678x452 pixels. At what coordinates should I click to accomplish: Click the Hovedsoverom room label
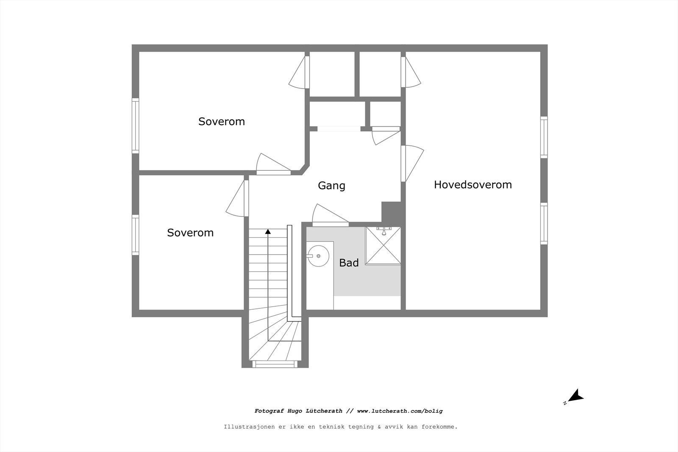(x=472, y=185)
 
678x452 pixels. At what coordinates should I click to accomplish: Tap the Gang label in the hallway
(x=331, y=186)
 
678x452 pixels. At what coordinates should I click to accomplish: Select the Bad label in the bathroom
(x=349, y=263)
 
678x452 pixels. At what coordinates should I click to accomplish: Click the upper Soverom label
(x=221, y=122)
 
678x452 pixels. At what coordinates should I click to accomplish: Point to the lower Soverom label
(x=190, y=233)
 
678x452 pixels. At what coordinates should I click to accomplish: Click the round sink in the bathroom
(x=318, y=256)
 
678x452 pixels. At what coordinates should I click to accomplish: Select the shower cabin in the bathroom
(x=383, y=246)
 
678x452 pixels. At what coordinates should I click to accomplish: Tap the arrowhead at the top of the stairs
(x=268, y=231)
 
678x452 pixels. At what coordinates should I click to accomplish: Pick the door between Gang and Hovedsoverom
(x=411, y=163)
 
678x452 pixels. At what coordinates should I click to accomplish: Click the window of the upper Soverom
(x=135, y=125)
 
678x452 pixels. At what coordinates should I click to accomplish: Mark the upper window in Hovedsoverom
(x=544, y=137)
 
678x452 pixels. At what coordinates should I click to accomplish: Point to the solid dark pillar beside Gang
(x=391, y=211)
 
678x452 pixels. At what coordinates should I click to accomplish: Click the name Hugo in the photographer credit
(x=296, y=411)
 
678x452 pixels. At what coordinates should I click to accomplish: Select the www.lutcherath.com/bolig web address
(x=400, y=411)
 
